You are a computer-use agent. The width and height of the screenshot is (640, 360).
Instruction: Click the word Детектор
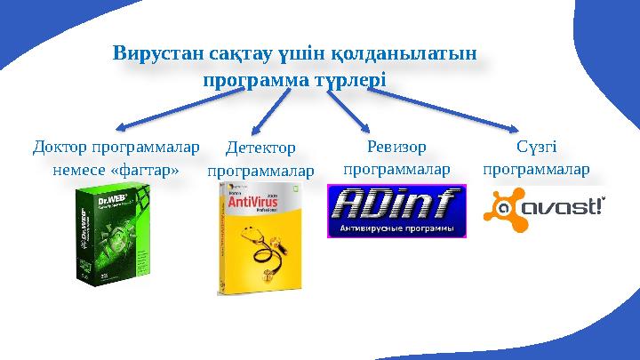[260, 147]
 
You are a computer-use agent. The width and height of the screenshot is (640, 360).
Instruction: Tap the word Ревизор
[396, 144]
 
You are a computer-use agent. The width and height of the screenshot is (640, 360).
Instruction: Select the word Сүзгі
[535, 144]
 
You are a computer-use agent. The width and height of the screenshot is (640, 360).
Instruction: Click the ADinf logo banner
[396, 212]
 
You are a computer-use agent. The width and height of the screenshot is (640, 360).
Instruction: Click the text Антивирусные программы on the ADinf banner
[396, 229]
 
